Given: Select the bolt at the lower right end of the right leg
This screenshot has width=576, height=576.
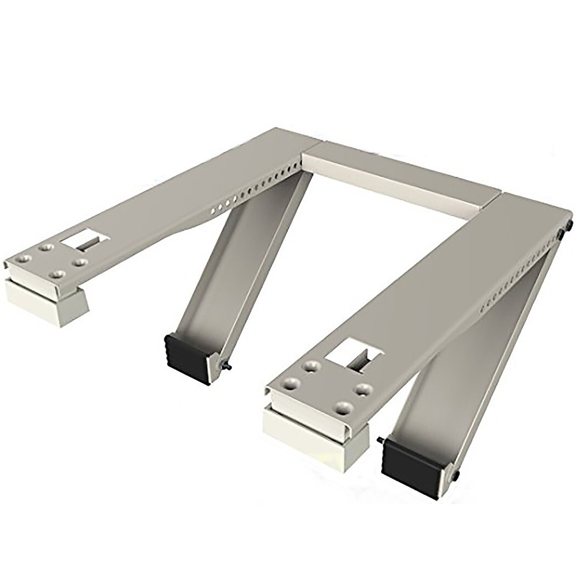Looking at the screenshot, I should [456, 475].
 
